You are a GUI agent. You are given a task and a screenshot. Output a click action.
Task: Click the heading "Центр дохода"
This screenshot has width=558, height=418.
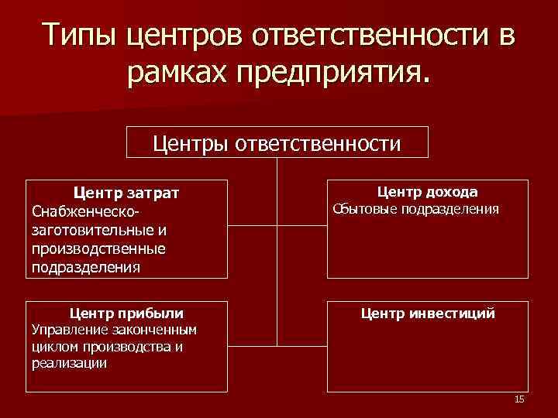[x=427, y=192]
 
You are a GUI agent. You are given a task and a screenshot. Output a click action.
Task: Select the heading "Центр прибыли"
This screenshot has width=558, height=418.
[x=126, y=313]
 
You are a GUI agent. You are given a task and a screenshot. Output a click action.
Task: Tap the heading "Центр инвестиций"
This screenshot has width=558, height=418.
[x=427, y=313]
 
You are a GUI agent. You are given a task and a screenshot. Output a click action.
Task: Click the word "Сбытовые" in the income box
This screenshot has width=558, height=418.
[x=369, y=209]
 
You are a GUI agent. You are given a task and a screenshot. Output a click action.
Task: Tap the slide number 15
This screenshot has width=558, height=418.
[x=519, y=399]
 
